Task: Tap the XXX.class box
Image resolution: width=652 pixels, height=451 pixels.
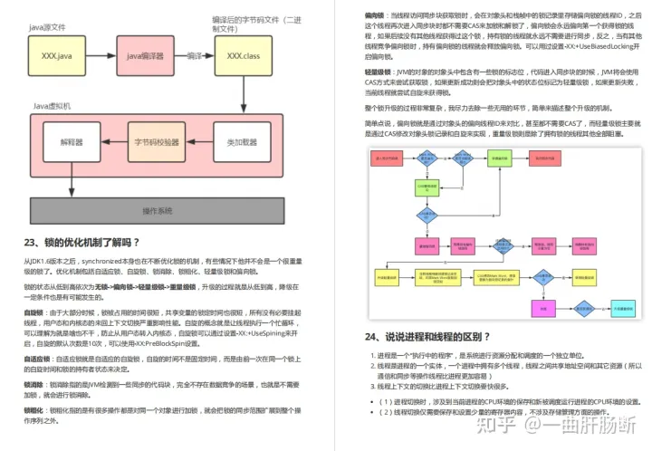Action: [x=244, y=56]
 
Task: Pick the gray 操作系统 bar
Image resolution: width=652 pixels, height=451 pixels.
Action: [x=158, y=211]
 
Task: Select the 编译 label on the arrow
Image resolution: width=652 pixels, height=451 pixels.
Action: [x=194, y=56]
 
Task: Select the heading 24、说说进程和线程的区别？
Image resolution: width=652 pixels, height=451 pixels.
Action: [x=427, y=336]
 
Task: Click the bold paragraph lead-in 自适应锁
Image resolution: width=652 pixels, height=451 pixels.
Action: [x=35, y=359]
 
